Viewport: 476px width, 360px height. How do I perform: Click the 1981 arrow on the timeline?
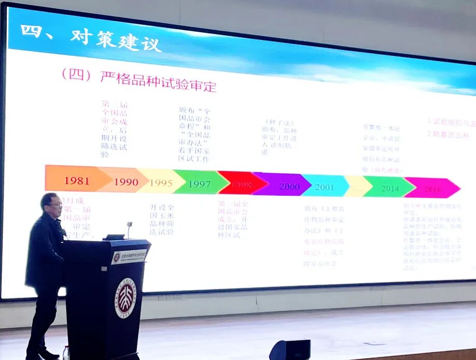point(77,180)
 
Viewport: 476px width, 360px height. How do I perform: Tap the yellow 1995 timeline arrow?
point(161,182)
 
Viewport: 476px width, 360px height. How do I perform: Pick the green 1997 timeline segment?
point(199,183)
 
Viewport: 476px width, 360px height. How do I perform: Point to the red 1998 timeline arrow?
point(241,184)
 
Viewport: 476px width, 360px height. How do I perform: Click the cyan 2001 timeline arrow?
point(325,186)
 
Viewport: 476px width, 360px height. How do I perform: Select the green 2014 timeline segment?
point(389,188)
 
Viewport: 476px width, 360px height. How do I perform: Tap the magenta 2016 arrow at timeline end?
point(432,189)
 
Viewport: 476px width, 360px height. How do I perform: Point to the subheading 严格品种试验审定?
point(158,79)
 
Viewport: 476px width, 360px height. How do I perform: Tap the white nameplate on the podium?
point(129,255)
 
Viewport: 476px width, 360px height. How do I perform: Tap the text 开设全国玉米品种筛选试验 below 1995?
point(162,220)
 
